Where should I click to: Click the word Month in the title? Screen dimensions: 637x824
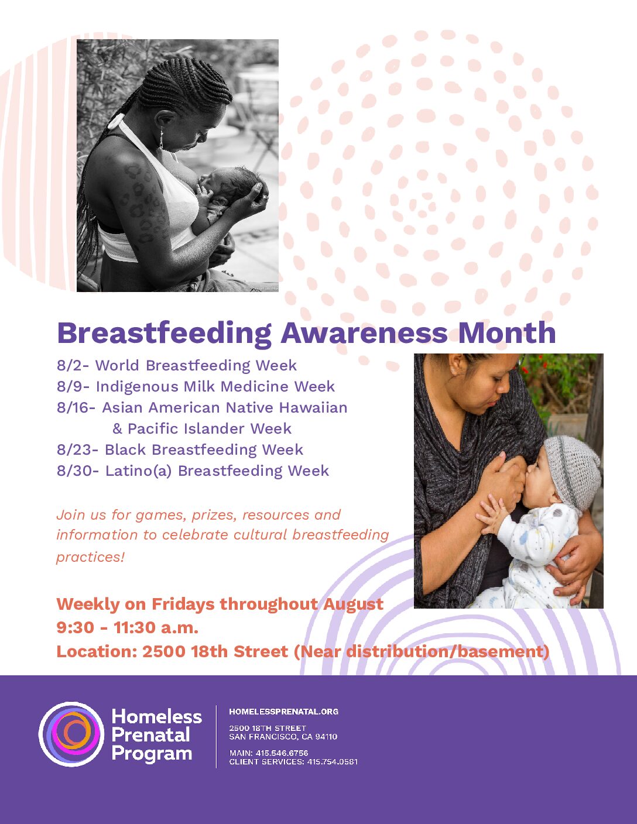(x=507, y=332)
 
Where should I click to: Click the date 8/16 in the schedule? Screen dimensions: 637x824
(x=74, y=408)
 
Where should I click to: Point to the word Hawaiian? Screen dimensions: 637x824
(x=313, y=408)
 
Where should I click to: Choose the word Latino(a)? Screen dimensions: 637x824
(x=139, y=471)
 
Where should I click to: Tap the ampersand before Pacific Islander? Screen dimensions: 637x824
(x=117, y=429)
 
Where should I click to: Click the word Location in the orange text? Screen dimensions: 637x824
(x=97, y=651)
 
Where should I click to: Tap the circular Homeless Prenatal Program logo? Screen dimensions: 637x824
(x=71, y=734)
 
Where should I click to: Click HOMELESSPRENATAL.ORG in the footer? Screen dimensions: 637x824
(x=284, y=712)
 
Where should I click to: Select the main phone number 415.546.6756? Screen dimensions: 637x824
(x=282, y=753)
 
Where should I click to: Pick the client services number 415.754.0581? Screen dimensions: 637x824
(x=332, y=762)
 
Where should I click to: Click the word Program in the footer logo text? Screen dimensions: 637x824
(x=152, y=753)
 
